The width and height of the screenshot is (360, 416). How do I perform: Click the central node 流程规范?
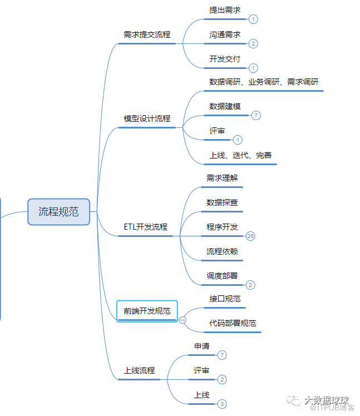58,211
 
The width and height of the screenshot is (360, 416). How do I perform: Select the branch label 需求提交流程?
147,34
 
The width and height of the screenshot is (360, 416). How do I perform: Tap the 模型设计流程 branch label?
147,118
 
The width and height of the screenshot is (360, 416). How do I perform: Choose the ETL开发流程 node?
145,227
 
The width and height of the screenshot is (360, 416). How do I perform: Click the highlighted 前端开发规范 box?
147,311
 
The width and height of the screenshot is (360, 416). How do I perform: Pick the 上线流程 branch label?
139,370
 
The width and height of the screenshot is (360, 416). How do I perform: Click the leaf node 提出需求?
225,10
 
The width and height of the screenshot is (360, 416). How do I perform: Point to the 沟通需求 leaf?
225,34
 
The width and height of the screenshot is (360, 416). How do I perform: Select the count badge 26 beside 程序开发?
250,236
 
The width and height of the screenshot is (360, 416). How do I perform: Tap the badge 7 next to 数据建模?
255,115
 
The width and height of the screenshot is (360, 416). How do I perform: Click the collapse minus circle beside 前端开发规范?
183,320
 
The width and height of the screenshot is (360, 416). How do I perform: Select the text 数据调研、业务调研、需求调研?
264,82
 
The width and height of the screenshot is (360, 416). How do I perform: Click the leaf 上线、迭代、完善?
240,155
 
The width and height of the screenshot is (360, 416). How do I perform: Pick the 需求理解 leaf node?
222,178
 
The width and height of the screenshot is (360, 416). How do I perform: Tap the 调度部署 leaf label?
222,275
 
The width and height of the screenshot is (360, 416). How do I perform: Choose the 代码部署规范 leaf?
233,323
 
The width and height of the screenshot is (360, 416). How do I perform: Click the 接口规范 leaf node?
225,299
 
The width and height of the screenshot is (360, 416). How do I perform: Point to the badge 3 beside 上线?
222,404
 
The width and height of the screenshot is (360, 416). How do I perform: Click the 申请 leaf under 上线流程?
201,346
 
